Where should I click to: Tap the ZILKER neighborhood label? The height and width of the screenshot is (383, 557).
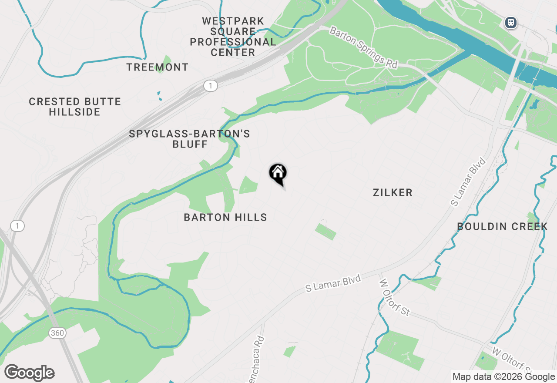click(x=393, y=192)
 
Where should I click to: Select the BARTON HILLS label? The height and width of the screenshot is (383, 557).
click(x=225, y=217)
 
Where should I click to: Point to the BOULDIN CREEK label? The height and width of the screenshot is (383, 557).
click(x=502, y=226)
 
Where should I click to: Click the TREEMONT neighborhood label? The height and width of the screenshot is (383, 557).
click(x=158, y=67)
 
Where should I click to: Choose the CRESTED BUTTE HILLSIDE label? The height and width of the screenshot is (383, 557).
click(x=75, y=107)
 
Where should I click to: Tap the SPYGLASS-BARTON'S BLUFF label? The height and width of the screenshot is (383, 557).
click(x=190, y=139)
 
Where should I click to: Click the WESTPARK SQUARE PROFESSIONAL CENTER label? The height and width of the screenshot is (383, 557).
click(x=233, y=37)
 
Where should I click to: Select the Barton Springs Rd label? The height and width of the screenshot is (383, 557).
click(x=363, y=47)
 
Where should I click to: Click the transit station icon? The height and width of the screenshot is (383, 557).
click(x=511, y=23)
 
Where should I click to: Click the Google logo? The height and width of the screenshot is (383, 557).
click(x=30, y=373)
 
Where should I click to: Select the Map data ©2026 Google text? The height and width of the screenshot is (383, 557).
click(x=503, y=377)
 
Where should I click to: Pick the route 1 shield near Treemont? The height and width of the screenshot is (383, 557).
click(x=211, y=86)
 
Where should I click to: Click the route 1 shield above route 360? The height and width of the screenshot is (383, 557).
click(x=17, y=226)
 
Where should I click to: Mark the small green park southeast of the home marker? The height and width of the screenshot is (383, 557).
click(x=325, y=232)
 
